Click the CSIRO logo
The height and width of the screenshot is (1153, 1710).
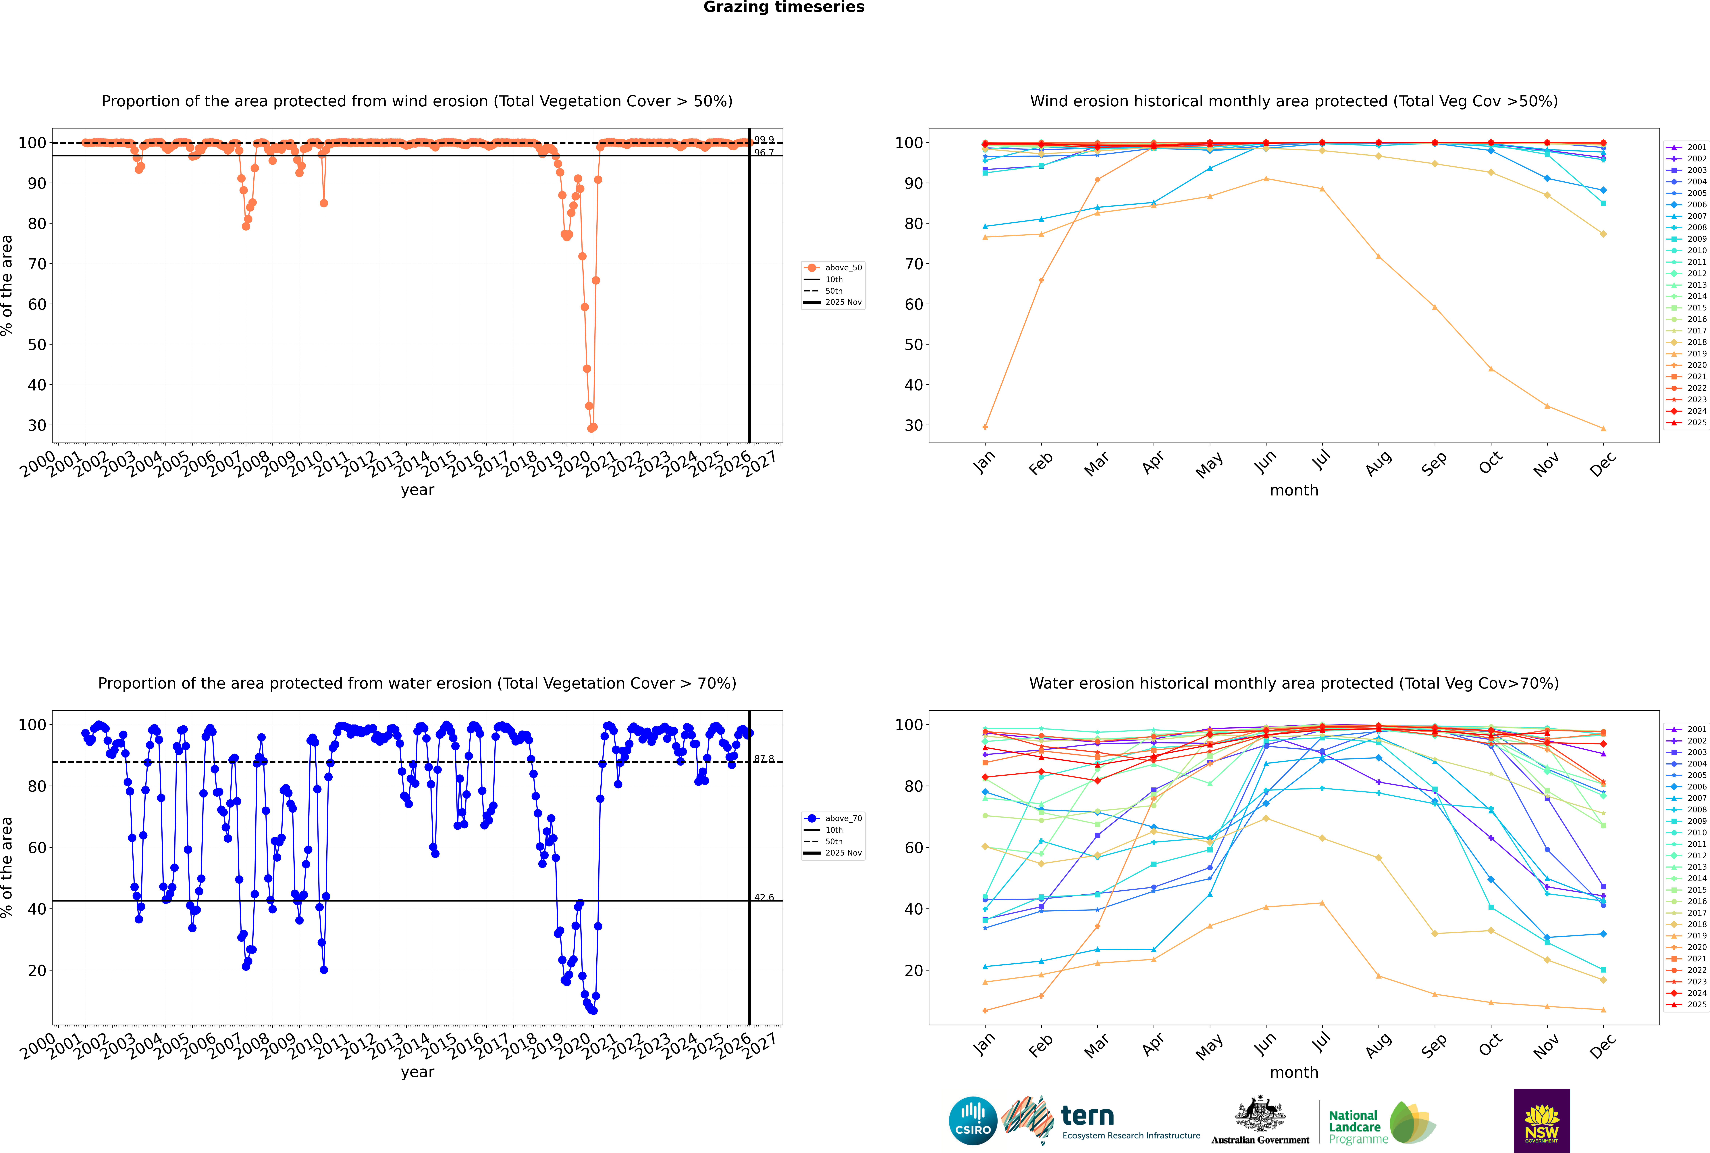(973, 1121)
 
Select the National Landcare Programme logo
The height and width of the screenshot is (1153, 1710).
(1381, 1123)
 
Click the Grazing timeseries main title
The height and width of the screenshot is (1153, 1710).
(784, 7)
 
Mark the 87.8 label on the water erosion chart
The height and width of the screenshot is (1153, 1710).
(764, 759)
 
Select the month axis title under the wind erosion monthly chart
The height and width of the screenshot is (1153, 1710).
(1294, 491)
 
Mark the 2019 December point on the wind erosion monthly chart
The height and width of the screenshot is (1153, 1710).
(1603, 429)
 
